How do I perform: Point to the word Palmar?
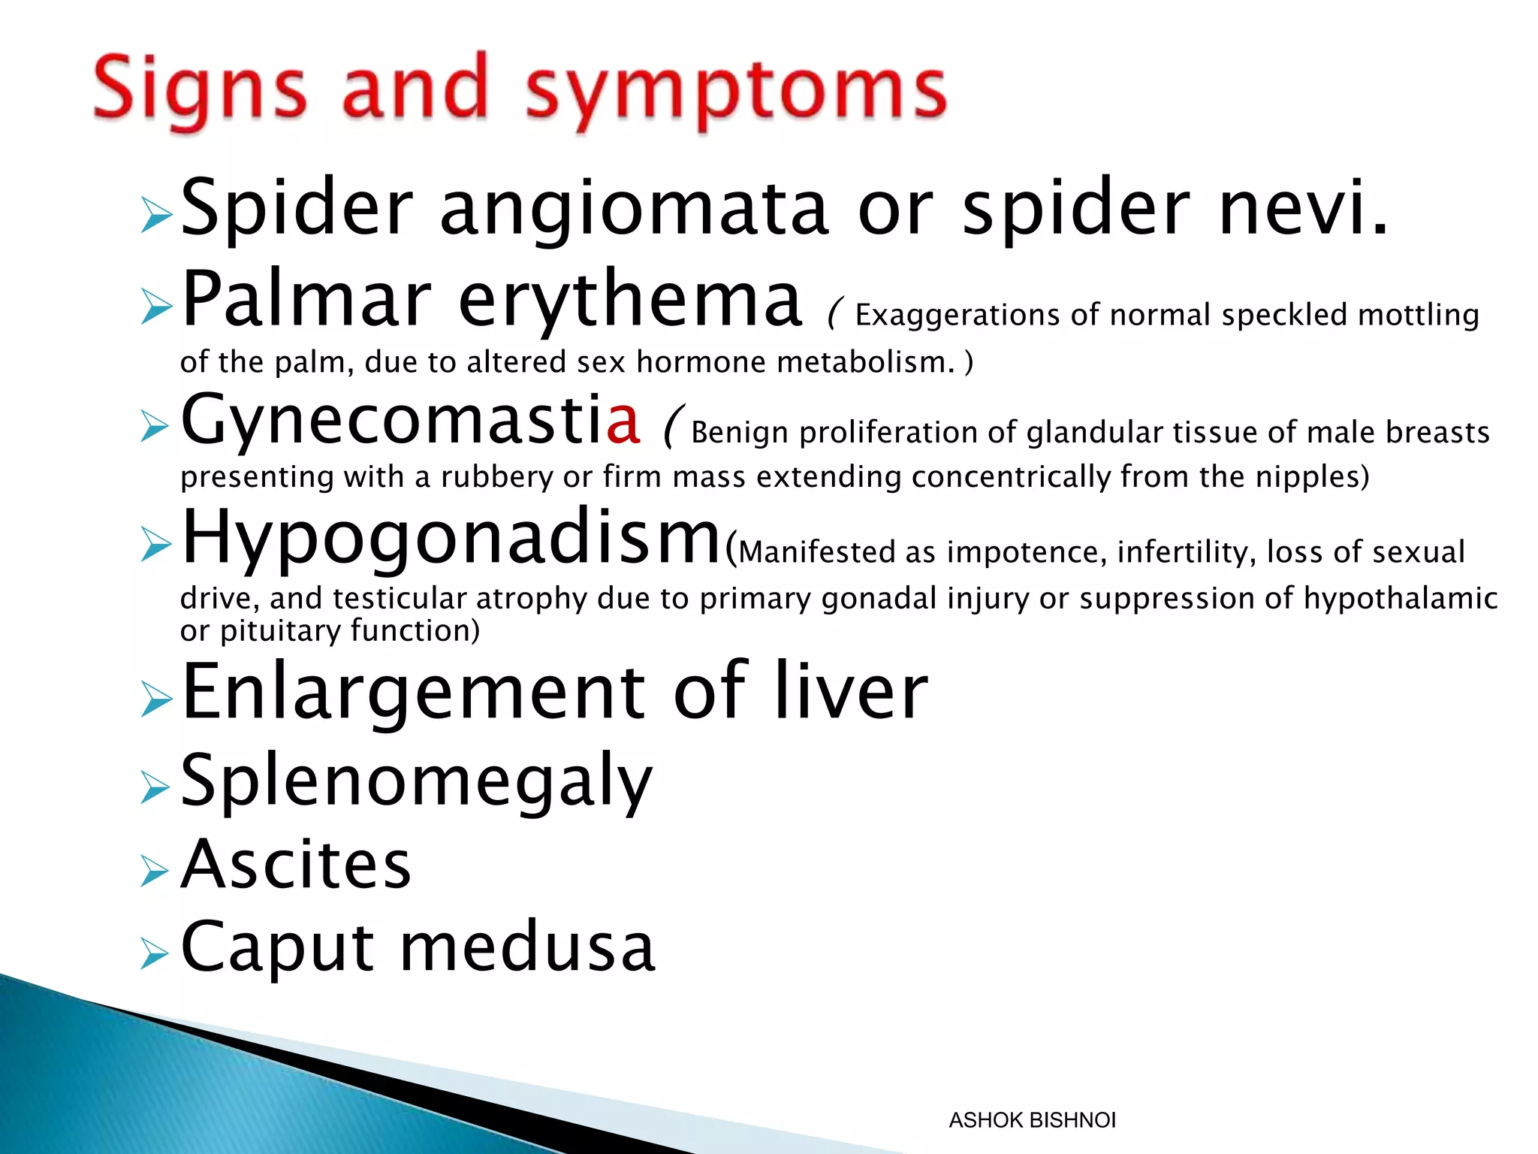[306, 301]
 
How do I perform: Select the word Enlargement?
[413, 691]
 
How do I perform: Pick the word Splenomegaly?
[417, 781]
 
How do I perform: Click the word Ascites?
[296, 865]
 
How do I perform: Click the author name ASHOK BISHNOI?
[1032, 1120]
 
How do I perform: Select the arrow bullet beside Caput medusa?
[155, 954]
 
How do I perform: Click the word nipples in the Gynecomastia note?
[1307, 477]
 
